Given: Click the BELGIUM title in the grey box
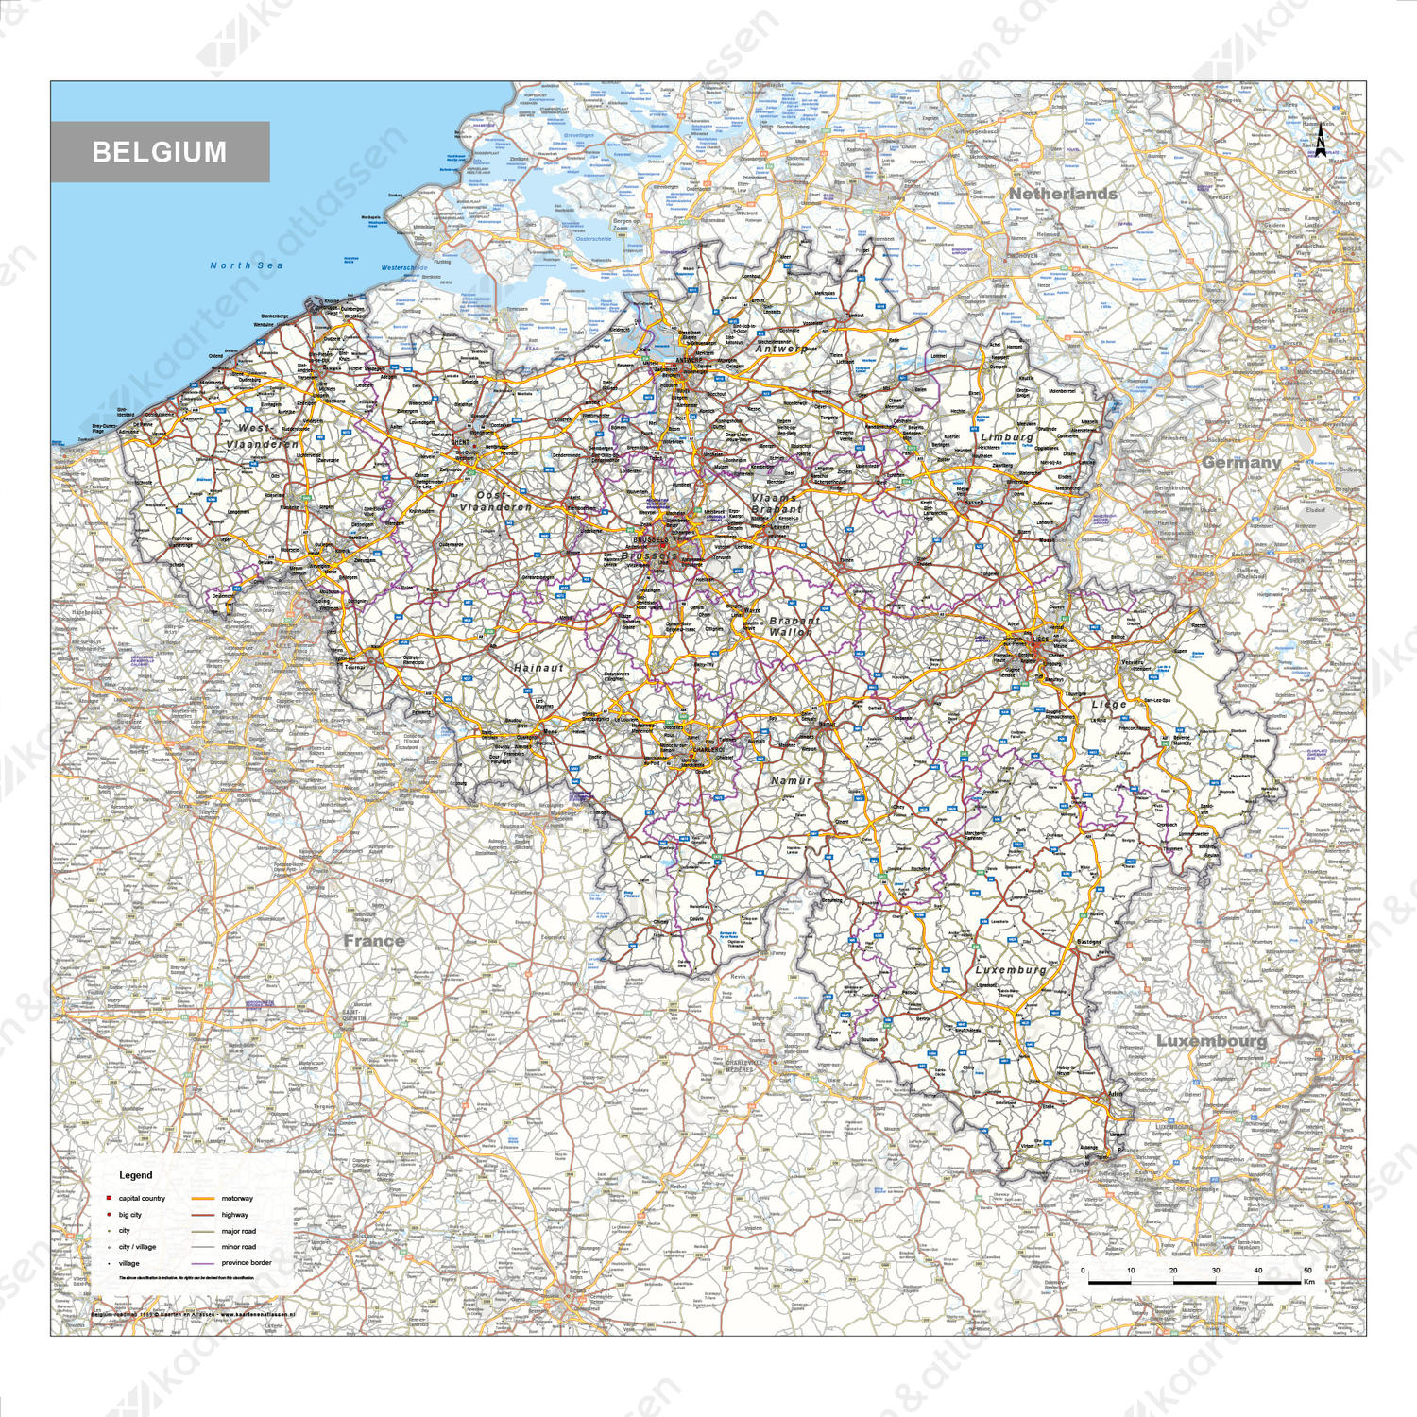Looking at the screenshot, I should point(160,152).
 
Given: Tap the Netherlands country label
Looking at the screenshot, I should point(1063,194).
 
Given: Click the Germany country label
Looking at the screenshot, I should point(1241,462).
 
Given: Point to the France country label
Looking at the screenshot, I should point(374,941).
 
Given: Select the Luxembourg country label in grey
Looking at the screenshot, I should point(1211,1040).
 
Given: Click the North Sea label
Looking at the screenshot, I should point(247,265).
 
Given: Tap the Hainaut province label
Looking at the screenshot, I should point(538,668).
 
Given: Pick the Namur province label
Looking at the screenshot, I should point(791,780).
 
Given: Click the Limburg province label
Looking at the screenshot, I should point(1007,436).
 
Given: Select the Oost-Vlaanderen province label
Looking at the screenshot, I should point(494,502).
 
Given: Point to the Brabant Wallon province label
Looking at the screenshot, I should point(794,626).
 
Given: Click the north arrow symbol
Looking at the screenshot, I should point(1321,141).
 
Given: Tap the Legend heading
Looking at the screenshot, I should point(135,1175).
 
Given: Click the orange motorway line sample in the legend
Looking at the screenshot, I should point(204,1198).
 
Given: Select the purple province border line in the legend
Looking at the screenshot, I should point(204,1263).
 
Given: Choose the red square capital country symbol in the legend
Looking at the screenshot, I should point(110,1198).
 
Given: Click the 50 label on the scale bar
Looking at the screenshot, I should point(1307,1271).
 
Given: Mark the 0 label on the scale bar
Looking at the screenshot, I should point(1083,1271).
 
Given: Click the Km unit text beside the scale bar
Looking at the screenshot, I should point(1309,1282).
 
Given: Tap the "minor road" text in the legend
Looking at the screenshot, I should point(239,1247).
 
